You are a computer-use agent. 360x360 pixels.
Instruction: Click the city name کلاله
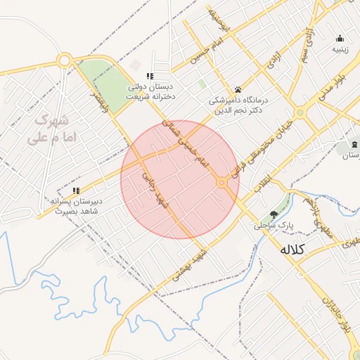click(295, 249)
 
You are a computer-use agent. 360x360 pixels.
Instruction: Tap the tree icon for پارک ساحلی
click(274, 214)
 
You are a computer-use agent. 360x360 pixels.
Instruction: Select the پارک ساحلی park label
click(273, 226)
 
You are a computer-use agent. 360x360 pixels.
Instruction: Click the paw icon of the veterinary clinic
click(238, 90)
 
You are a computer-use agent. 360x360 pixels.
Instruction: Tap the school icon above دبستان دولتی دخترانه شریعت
click(150, 76)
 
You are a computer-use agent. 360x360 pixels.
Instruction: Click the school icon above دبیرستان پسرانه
click(76, 191)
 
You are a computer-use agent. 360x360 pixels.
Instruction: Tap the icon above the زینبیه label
click(340, 39)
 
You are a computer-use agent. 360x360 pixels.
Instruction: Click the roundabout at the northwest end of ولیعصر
click(65, 60)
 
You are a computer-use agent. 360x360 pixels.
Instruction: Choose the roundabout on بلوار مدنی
click(300, 112)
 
